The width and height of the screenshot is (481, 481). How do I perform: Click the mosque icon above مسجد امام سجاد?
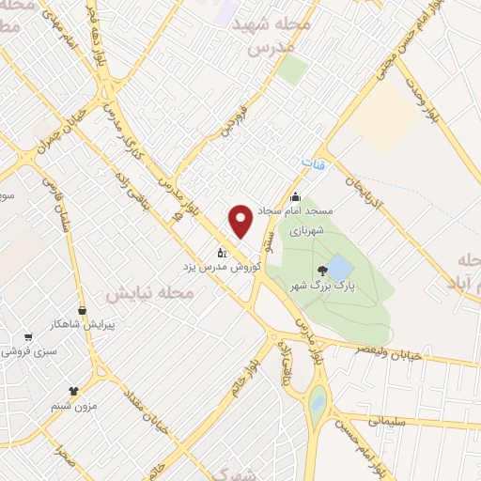(297, 197)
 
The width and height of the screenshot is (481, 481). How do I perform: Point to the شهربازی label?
(305, 229)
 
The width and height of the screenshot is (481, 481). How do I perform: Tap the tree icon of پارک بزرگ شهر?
(325, 271)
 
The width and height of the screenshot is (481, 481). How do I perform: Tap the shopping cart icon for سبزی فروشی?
(28, 336)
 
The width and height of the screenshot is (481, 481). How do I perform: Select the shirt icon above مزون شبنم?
(74, 389)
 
